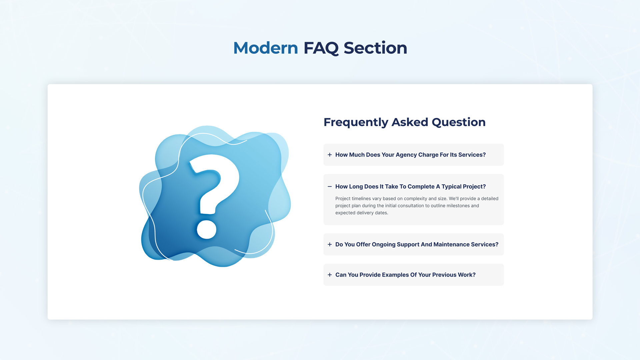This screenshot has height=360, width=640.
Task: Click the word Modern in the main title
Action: (x=265, y=48)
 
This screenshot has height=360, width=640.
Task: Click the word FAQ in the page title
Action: (x=321, y=48)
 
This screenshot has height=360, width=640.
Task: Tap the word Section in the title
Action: (x=375, y=48)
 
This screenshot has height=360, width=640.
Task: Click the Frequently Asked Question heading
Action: (x=404, y=122)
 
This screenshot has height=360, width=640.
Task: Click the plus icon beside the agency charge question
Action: (x=330, y=155)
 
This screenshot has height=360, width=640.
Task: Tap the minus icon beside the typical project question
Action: (x=330, y=187)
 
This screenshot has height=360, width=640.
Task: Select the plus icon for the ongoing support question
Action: (x=330, y=244)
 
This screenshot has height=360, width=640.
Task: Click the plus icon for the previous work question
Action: (x=330, y=275)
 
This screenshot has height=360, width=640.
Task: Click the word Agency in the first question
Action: (x=406, y=155)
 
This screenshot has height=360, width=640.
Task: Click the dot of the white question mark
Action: (x=207, y=229)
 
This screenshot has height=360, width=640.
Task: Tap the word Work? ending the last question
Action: (x=467, y=275)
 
